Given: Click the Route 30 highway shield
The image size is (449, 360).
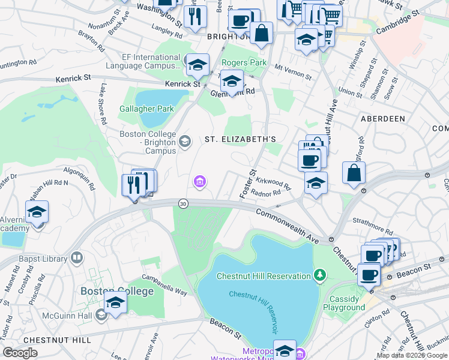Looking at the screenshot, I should point(182,204).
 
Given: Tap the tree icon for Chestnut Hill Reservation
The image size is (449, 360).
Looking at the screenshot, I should point(321,275).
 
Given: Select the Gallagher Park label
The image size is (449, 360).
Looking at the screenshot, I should point(146,109).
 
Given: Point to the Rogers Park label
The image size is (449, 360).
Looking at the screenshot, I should point(244,62).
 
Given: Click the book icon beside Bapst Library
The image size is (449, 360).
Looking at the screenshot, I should point(76,258).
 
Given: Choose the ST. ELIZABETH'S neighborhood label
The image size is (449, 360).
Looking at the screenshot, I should point(240,139).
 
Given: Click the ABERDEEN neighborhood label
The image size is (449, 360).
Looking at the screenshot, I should point(383,119).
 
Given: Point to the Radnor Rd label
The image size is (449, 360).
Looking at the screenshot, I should point(267,193).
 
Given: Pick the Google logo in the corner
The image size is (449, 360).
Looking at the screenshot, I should point(20,352).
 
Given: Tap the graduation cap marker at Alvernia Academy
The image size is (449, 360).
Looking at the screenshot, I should point(37,213).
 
